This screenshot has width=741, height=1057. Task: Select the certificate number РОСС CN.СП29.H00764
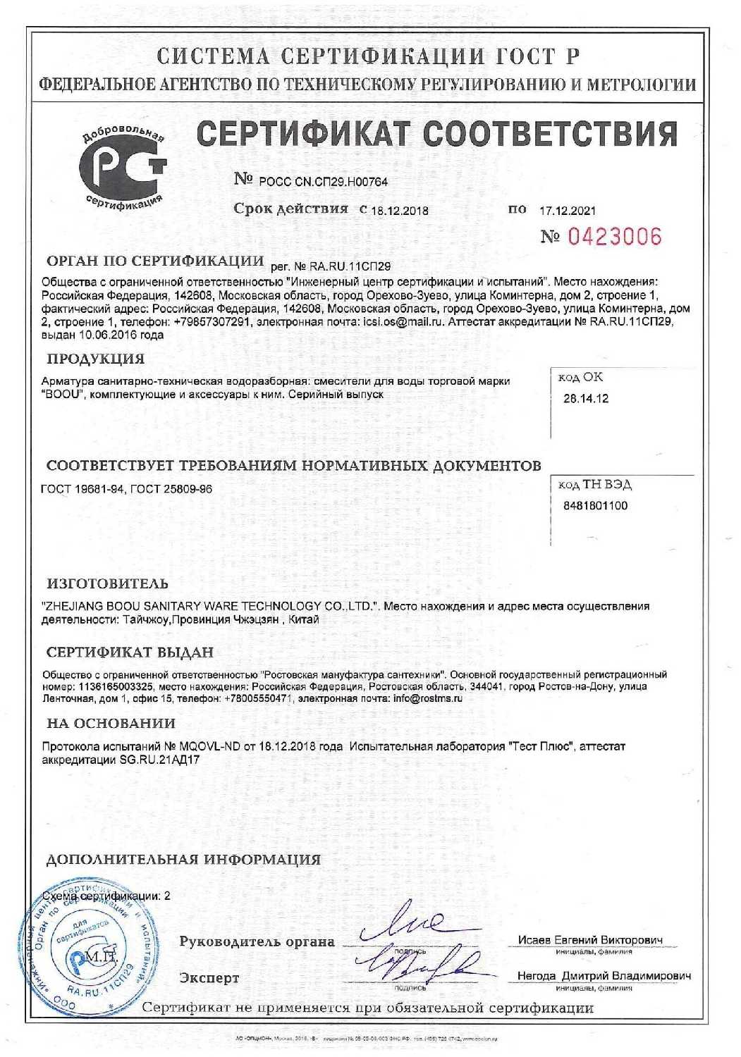tap(323, 182)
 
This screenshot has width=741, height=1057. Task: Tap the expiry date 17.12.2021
tap(568, 210)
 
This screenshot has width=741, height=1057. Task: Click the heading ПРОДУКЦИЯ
tap(95, 359)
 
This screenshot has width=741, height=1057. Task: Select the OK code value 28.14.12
tap(586, 399)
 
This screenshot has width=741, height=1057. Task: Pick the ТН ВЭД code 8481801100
tap(595, 506)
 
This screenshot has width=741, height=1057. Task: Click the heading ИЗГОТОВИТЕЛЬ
tap(107, 583)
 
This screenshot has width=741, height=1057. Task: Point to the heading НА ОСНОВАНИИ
tap(111, 723)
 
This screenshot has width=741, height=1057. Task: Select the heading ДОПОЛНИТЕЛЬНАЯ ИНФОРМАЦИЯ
tap(183, 860)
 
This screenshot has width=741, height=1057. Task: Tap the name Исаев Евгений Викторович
tap(590, 940)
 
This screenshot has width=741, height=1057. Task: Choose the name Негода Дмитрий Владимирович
tap(604, 976)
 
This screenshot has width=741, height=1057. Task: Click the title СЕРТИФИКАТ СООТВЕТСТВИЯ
tap(436, 133)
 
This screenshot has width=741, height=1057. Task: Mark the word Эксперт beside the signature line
tap(209, 978)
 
